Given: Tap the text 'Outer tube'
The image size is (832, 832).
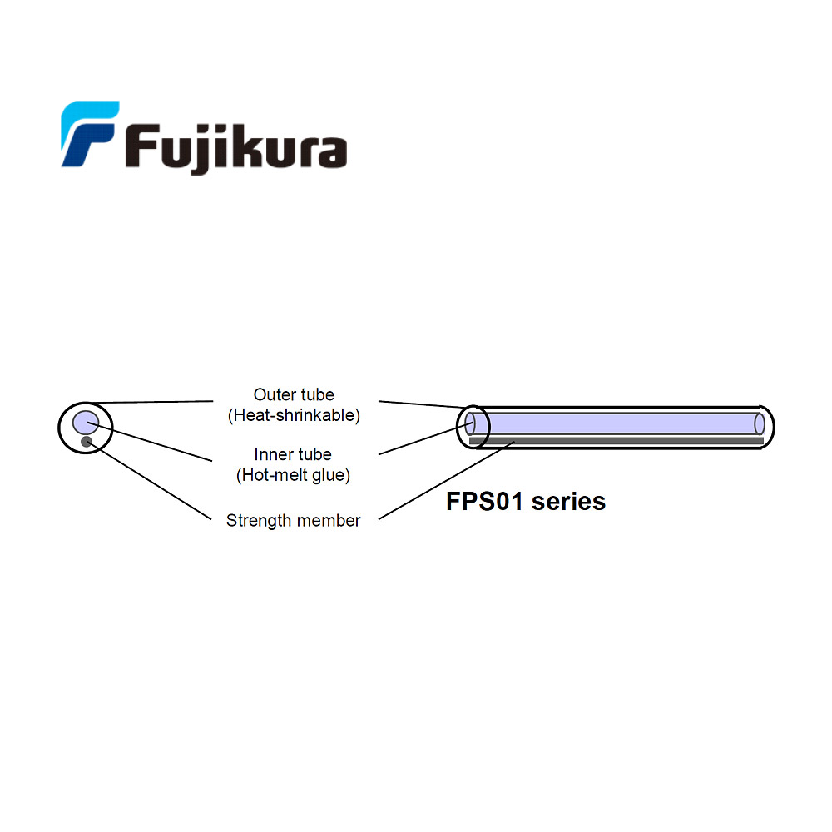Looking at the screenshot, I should tap(294, 394).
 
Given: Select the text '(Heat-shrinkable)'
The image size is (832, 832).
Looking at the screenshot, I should tap(294, 415).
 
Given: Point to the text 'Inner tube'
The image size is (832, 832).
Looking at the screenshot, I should tap(293, 454).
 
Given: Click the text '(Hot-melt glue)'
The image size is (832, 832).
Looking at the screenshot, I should tap(293, 475).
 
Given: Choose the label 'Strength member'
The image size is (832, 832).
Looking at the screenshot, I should tap(293, 521).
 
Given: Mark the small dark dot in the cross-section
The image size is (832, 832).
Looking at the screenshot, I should tap(86, 442).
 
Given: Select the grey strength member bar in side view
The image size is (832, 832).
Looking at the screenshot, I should tap(616, 441).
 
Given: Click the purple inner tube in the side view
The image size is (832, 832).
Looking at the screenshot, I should tap(616, 423).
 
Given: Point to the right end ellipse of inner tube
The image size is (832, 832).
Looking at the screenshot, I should tap(759, 423).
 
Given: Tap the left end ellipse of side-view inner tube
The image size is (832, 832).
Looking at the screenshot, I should tap(470, 423).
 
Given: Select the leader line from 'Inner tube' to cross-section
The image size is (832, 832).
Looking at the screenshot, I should tap(150, 442).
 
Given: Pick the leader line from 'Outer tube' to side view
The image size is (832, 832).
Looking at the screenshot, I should tap(420, 404).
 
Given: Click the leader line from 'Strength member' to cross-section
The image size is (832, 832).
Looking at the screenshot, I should tap(150, 481).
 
